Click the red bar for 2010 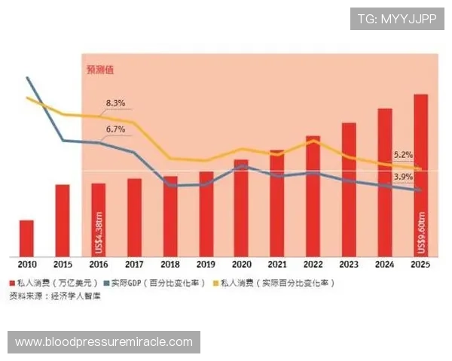pyautogui.click(x=26, y=238)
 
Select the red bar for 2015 pyautogui.click(x=63, y=220)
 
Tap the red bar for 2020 pyautogui.click(x=241, y=208)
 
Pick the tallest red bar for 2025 pyautogui.click(x=420, y=174)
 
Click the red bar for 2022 pyautogui.click(x=313, y=196)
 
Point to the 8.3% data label pyautogui.click(x=115, y=102)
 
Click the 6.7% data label pyautogui.click(x=115, y=129)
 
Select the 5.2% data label pyautogui.click(x=403, y=155)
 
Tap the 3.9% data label pyautogui.click(x=403, y=177)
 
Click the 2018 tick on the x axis pyautogui.click(x=169, y=264)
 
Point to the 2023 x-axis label pyautogui.click(x=349, y=264)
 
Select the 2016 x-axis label pyautogui.click(x=98, y=264)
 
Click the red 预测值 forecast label pyautogui.click(x=100, y=70)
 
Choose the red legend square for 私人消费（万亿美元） pyautogui.click(x=12, y=283)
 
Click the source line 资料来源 pyautogui.click(x=54, y=296)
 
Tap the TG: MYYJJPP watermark pyautogui.click(x=397, y=19)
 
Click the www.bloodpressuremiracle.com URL pyautogui.click(x=104, y=342)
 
